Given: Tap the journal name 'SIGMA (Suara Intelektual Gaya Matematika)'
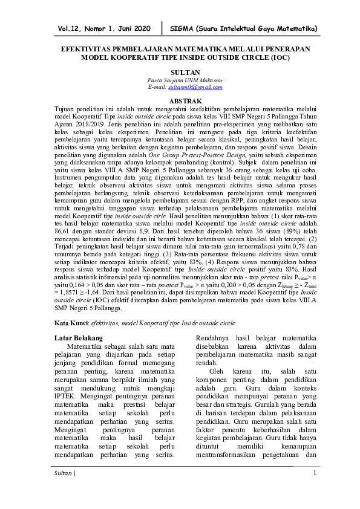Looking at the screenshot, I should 244,28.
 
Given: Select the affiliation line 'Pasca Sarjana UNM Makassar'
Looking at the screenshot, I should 180,80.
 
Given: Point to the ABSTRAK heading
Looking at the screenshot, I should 180,99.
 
